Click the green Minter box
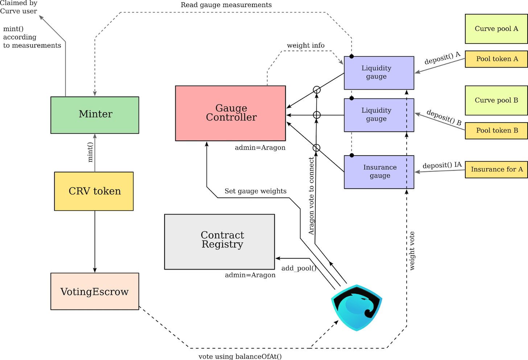pos(95,115)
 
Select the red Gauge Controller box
pos(230,113)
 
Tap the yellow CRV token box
pos(94,191)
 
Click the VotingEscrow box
pos(95,291)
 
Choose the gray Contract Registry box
pos(219,242)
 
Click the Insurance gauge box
pos(379,172)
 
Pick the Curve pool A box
pos(496,29)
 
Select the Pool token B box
pos(496,131)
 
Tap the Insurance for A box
pos(496,169)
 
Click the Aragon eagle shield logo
pos(356,307)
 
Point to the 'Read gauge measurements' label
pos(226,5)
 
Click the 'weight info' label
pos(306,45)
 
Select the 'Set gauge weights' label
pos(255,191)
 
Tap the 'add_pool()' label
pos(299,268)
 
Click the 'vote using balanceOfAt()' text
pos(240,356)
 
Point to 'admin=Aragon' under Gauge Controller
pos(260,148)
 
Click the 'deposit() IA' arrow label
pos(442,165)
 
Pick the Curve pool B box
pos(496,101)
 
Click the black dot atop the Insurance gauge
pos(351,155)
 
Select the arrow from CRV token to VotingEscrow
pos(95,241)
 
